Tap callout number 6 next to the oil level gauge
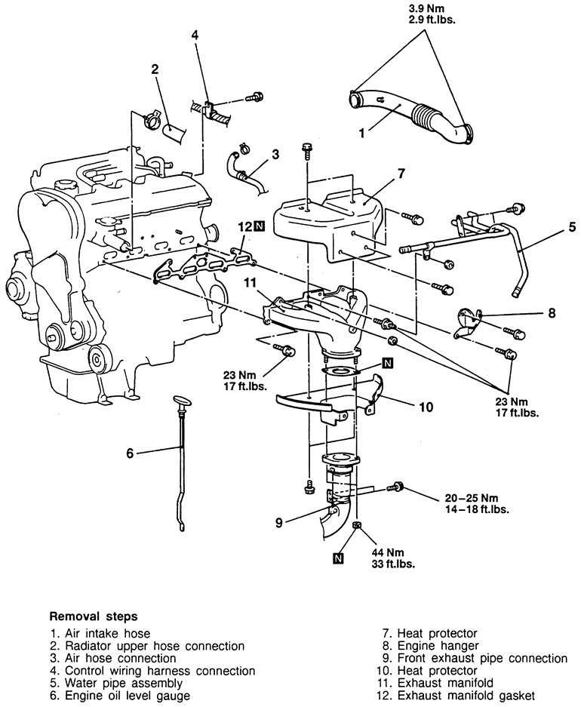tap(130, 453)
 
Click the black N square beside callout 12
tap(260, 225)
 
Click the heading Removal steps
tap(93, 615)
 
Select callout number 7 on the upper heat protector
tap(400, 174)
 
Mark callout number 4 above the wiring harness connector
tap(195, 35)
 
